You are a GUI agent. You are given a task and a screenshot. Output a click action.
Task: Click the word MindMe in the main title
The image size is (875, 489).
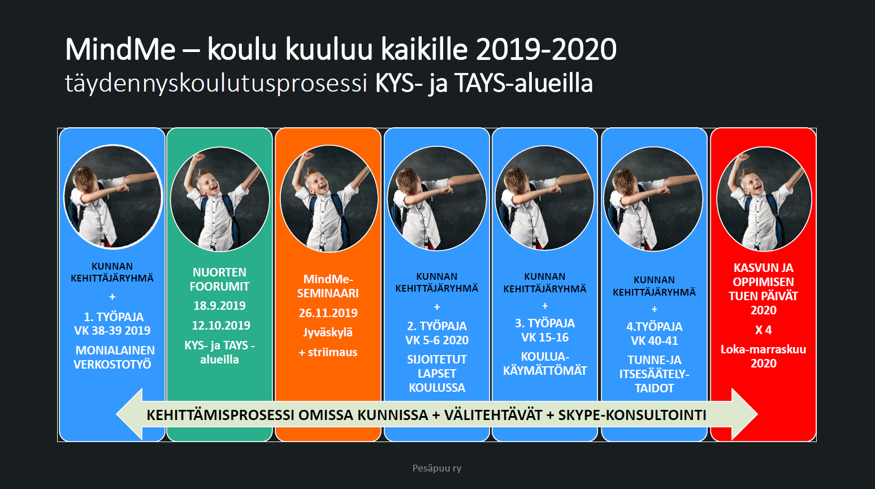[x=121, y=49]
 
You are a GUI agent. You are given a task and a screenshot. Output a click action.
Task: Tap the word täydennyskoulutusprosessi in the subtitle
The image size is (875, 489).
[x=216, y=84]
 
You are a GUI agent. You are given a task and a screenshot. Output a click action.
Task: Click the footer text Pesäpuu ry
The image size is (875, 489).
[x=437, y=468]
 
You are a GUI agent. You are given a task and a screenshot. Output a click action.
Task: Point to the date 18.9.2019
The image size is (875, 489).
[x=219, y=305]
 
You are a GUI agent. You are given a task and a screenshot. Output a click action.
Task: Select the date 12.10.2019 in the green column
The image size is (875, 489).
[x=220, y=326]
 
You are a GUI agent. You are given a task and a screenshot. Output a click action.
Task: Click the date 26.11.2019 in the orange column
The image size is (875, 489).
[x=328, y=313]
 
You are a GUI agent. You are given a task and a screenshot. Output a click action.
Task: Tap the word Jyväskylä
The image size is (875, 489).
[x=328, y=332]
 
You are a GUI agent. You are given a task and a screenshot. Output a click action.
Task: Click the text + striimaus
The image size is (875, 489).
[x=328, y=352]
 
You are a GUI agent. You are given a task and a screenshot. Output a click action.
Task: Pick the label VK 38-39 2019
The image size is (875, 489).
[x=112, y=331]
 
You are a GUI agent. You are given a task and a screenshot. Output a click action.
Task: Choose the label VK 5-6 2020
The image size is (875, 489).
[x=437, y=340]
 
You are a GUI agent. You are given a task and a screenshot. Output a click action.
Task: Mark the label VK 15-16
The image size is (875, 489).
[x=545, y=337]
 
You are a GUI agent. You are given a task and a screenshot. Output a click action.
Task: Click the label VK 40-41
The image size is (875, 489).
[x=655, y=340]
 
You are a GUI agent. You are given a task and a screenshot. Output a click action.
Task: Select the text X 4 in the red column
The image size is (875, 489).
[x=763, y=330]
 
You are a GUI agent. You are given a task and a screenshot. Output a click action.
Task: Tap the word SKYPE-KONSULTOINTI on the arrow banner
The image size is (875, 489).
[x=632, y=415]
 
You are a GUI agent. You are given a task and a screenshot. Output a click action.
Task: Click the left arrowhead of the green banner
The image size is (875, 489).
[x=129, y=414]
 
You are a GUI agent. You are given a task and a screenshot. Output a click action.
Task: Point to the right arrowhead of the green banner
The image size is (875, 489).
[x=744, y=414]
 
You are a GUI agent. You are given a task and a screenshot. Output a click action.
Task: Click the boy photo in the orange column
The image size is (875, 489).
[x=329, y=199]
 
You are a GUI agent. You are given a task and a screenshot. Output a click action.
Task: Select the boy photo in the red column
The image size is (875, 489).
[x=764, y=199]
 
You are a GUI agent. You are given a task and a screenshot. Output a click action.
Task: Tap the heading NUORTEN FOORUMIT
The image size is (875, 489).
[x=219, y=279]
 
